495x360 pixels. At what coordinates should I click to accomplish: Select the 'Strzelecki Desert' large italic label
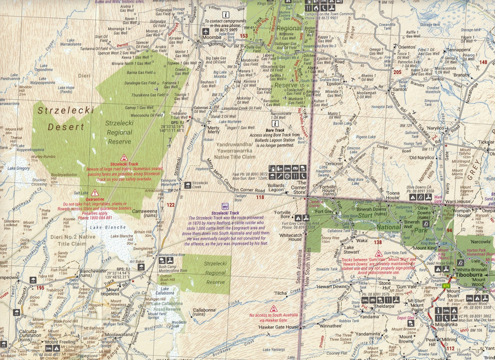pos(65,119)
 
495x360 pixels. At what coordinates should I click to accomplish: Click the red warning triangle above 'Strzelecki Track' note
pos(124,158)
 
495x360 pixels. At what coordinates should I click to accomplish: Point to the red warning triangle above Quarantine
pos(95,193)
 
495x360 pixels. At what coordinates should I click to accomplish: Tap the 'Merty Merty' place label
pos(213,129)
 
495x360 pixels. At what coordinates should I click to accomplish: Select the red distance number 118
pos(260,197)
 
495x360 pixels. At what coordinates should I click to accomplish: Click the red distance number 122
pos(170,205)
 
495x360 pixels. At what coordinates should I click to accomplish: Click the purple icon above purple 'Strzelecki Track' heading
pos(225,206)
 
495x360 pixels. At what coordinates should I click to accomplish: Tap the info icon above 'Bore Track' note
pos(275,124)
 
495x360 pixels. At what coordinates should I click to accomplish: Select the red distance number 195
pos(40,288)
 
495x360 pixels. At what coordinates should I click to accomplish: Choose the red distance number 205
pos(397,73)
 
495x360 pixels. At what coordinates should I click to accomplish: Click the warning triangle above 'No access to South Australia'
pos(274,308)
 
